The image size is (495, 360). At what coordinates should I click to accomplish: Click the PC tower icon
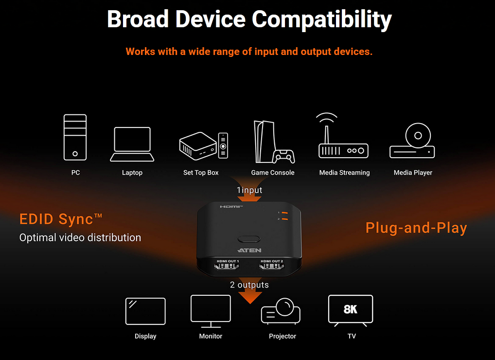(75, 137)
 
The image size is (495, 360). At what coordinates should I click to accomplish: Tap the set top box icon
(204, 145)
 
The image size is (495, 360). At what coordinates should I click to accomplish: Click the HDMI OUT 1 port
(227, 266)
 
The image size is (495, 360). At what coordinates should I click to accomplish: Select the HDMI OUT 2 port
(271, 266)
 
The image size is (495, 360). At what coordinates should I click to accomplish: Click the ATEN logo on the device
(249, 251)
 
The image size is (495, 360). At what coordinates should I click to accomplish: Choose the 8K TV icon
(351, 310)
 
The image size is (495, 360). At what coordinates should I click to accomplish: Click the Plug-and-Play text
(416, 228)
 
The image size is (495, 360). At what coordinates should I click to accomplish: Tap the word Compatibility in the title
(322, 19)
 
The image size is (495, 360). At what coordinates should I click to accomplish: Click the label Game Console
(273, 173)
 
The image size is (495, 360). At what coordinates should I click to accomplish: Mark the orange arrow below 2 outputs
(250, 297)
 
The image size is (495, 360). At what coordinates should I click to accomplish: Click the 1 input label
(249, 190)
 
